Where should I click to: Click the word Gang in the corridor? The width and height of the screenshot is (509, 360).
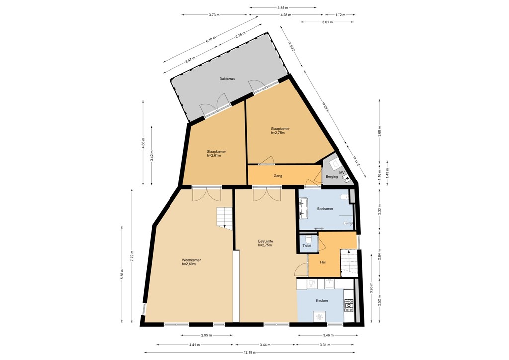coord(278,176)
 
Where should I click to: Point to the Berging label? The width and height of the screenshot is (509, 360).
coord(332,177)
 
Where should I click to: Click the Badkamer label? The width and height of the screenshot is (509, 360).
coord(325,209)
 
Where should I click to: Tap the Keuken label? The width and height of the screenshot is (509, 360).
coord(322,301)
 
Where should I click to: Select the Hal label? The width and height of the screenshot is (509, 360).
coord(323,262)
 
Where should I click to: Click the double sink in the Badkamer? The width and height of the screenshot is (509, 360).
coord(304,208)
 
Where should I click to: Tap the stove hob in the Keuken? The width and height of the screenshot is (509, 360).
coord(349,305)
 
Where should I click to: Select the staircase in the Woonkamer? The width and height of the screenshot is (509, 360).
coord(224,218)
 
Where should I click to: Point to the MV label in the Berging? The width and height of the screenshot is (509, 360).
coord(342,173)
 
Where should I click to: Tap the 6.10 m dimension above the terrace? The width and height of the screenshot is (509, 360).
coord(211,42)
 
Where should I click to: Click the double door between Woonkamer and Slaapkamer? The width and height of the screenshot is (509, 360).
coord(206,193)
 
